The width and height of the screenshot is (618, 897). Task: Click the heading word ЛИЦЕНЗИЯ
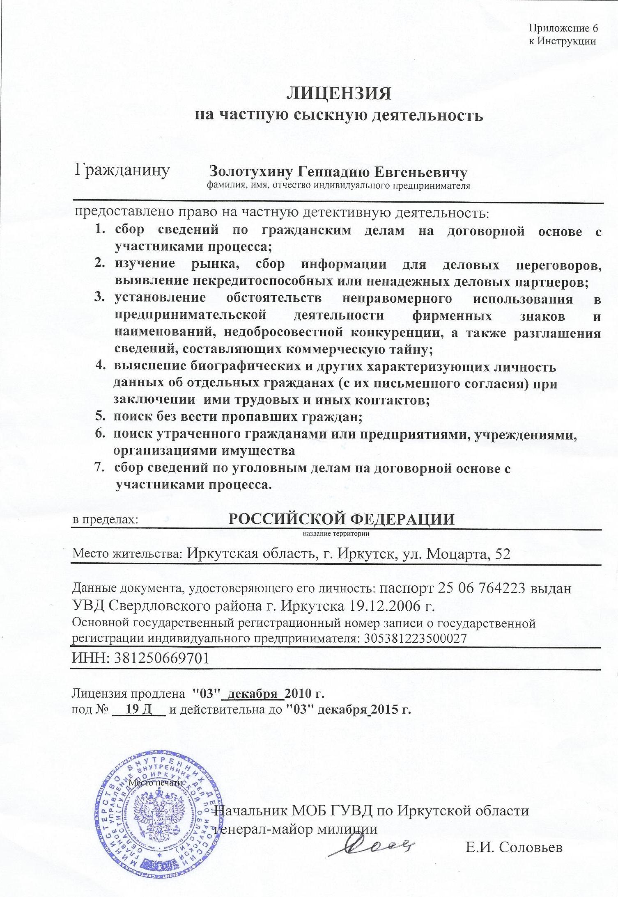339,94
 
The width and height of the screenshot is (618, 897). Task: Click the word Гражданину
122,170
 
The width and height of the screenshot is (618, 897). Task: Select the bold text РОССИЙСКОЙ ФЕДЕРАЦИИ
341,520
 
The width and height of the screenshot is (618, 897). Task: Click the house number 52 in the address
503,554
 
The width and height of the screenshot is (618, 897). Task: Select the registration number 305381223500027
415,639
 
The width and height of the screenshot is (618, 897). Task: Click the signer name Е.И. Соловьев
514,848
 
